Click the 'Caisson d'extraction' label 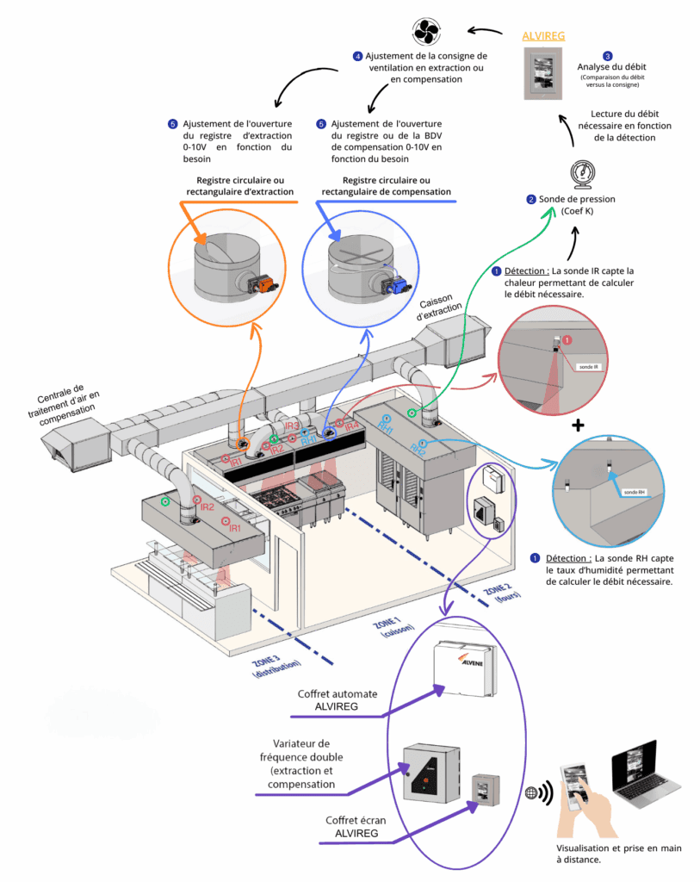point(441,311)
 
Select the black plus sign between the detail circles point(578,425)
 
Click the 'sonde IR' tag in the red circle point(588,366)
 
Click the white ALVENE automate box point(466,668)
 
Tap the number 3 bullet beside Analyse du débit point(608,55)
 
